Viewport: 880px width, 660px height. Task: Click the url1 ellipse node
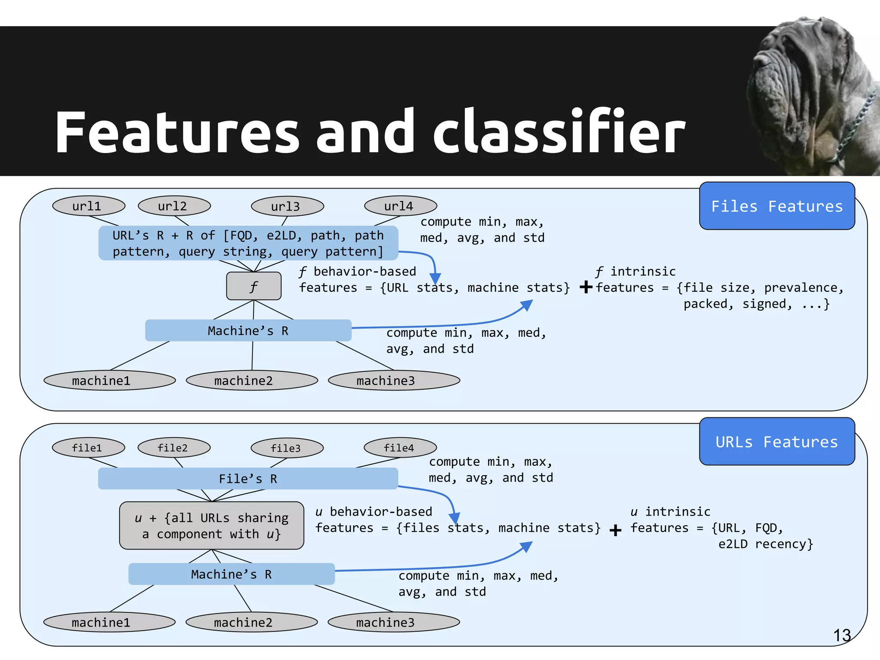[x=89, y=206]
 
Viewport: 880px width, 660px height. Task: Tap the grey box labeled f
[x=254, y=286]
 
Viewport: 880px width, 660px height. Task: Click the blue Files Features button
[x=776, y=206]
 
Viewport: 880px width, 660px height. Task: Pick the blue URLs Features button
[x=776, y=442]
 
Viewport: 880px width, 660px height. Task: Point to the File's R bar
[x=248, y=479]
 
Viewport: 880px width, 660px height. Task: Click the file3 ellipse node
[x=287, y=448]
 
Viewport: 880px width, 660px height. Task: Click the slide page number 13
[x=842, y=635]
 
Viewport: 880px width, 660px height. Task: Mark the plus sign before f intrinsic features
[x=586, y=287]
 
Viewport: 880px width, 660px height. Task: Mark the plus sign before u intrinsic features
[x=615, y=530]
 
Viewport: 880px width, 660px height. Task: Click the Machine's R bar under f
[x=248, y=330]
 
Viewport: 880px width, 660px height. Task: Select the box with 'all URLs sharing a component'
[x=211, y=526]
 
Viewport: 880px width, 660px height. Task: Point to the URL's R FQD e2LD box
[x=248, y=243]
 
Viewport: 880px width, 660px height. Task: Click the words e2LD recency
[x=765, y=544]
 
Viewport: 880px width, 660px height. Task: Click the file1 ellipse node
[x=88, y=448]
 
